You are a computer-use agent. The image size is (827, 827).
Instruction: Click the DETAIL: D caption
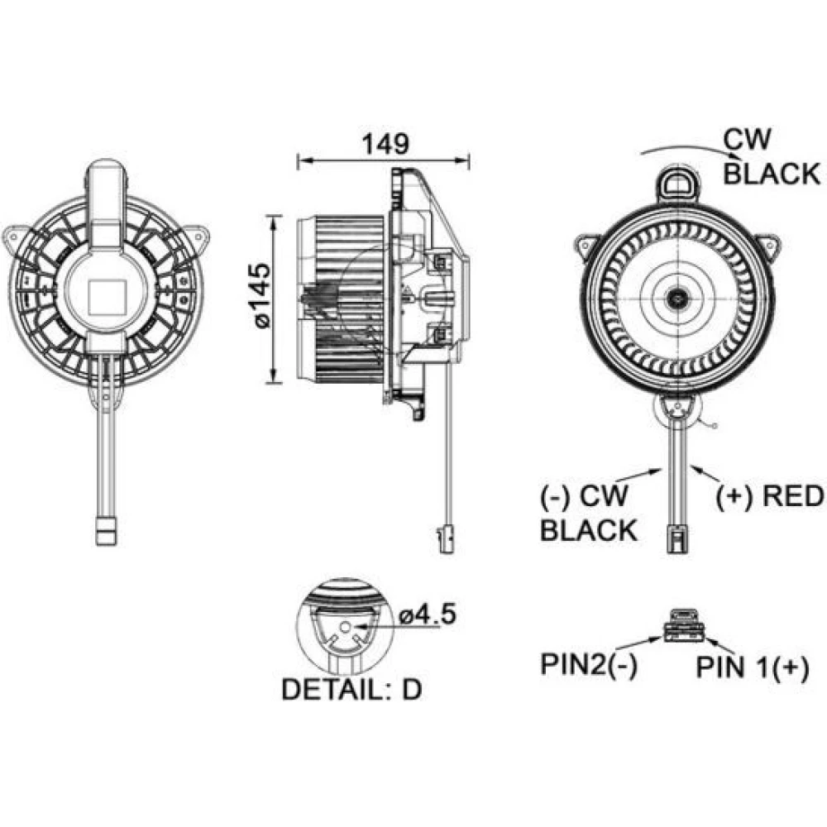[x=352, y=689]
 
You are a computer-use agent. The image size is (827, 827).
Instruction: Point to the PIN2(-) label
[x=589, y=665]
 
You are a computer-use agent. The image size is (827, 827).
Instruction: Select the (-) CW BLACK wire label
[x=588, y=513]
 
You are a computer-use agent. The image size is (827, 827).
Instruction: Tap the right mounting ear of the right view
[x=770, y=244]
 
